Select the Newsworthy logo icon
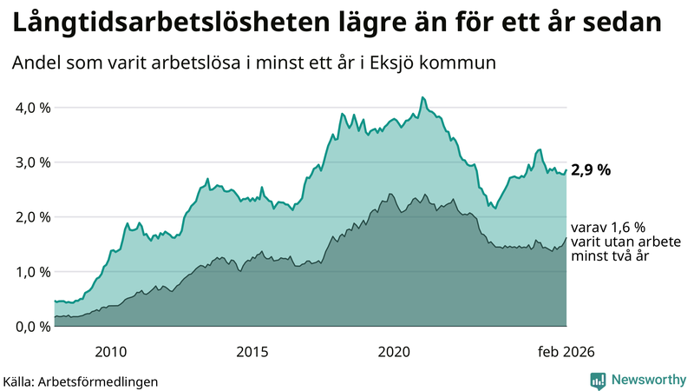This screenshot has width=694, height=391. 599,379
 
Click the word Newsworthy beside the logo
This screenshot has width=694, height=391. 648,379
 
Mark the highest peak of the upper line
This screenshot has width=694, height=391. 422,97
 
